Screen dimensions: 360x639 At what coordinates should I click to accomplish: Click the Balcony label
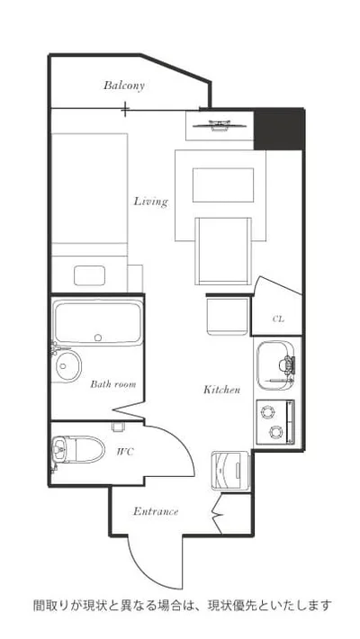coord(123,85)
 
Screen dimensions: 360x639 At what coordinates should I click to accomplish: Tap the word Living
coord(151,202)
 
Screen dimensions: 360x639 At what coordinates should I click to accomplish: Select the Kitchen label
coord(221,390)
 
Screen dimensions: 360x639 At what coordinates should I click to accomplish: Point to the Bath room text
coord(112,384)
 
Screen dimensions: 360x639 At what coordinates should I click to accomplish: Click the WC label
coord(125,452)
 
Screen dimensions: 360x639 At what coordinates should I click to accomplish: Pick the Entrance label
coord(156,511)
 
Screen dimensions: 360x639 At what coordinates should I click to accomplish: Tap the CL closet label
coord(278,319)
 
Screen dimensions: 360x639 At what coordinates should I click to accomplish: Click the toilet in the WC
coord(78,449)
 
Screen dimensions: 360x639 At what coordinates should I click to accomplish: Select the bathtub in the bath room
coord(97,322)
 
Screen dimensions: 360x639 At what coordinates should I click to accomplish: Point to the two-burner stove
coord(274,422)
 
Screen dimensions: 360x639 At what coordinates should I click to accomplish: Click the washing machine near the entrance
coord(229,471)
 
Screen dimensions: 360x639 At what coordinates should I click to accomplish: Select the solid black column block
coord(279,130)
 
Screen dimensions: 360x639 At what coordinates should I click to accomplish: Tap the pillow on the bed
coord(89,275)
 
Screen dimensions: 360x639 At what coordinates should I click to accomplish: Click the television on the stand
coord(220,125)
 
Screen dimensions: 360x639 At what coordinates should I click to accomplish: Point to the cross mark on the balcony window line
coord(126,109)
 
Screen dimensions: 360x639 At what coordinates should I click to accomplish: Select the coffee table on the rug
coord(223,185)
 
